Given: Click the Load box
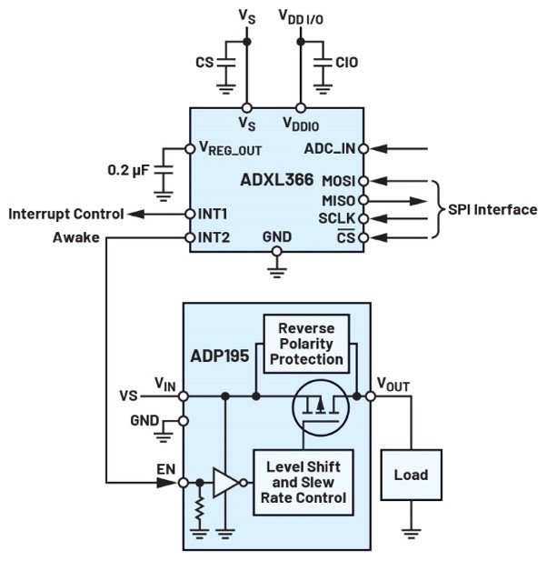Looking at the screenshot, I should [411, 476].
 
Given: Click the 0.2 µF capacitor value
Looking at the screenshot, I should [131, 170].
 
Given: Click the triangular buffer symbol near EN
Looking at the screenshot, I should [224, 482].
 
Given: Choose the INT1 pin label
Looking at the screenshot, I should [213, 215].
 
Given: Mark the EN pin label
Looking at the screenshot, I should [167, 469].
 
